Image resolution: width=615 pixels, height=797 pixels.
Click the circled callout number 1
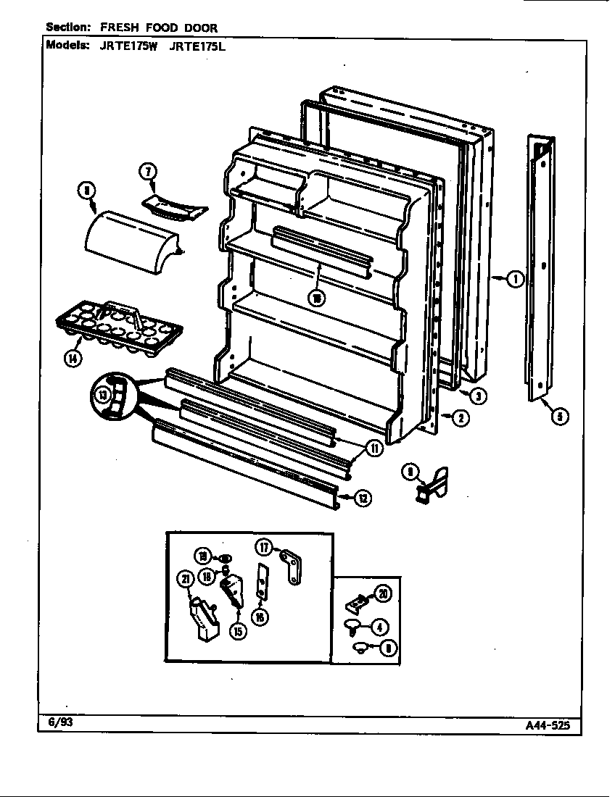515,278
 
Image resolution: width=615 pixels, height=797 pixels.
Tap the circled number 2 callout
458,417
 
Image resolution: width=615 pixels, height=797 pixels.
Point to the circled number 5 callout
559,416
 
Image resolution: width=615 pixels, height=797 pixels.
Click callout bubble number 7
147,172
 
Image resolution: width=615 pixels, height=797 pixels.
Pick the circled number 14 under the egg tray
73,356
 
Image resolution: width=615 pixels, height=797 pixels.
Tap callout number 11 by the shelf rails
374,448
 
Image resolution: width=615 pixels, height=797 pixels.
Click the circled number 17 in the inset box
265,548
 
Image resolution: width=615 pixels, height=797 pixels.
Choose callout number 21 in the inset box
184,578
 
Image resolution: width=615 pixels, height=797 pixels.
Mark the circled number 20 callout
383,594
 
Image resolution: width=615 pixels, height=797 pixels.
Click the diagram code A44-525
550,727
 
